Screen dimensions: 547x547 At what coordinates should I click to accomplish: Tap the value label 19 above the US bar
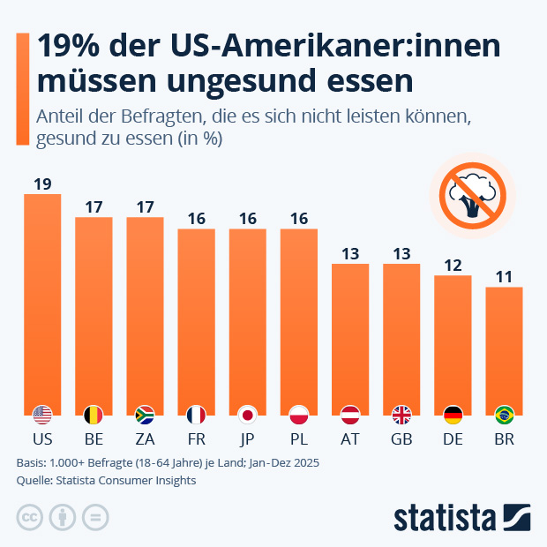[x=42, y=184]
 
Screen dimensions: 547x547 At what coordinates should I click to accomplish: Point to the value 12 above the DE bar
[x=453, y=265]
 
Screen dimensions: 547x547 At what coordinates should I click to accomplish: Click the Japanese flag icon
[x=248, y=414]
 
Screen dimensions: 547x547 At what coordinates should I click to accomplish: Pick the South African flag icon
[x=145, y=414]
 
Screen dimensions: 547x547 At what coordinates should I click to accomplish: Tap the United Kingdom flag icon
[x=401, y=414]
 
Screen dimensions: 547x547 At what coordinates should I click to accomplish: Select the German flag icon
[x=453, y=414]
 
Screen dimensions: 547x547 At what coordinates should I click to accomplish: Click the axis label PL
[x=299, y=438]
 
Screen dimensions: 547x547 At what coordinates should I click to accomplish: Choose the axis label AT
[x=350, y=438]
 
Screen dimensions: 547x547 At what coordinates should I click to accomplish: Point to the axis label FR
[x=196, y=438]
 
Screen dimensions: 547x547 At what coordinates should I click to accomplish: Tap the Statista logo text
[x=445, y=517]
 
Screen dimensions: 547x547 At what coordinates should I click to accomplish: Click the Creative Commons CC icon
[x=30, y=518]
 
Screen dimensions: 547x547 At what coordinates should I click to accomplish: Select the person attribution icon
[x=63, y=518]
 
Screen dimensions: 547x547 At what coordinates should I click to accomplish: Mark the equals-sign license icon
[x=95, y=518]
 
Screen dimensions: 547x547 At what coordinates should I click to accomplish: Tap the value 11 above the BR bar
[x=504, y=276]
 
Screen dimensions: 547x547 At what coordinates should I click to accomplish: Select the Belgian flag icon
[x=94, y=414]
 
